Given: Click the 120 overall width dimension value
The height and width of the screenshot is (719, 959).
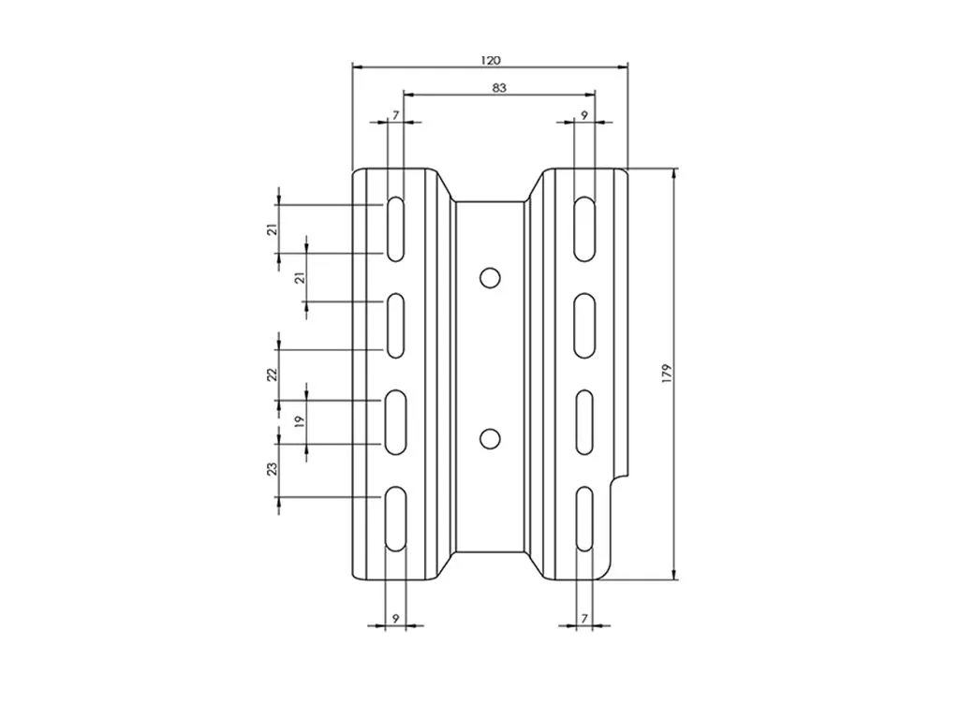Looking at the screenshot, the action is click(491, 60).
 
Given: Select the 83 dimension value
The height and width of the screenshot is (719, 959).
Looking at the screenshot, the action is click(499, 87).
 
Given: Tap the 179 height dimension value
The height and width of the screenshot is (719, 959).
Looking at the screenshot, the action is click(667, 374).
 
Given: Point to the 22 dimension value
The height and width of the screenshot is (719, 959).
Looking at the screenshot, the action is click(273, 374).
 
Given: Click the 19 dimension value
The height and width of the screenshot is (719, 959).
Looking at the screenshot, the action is click(299, 421).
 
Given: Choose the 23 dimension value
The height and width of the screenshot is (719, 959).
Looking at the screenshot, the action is click(273, 468).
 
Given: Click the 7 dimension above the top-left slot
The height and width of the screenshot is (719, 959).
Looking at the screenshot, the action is click(396, 114).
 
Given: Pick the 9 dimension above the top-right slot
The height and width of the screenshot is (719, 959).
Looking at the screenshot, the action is click(584, 114).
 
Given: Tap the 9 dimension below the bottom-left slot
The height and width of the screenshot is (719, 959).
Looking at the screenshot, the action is click(396, 618).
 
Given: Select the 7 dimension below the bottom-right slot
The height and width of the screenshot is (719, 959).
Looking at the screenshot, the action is click(584, 618).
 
